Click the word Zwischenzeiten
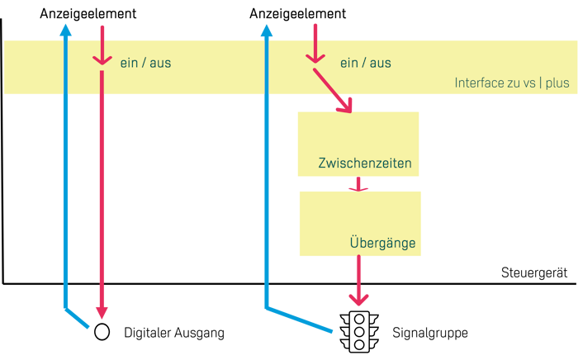coord(364,163)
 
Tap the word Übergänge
coord(381,244)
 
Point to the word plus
coord(558,83)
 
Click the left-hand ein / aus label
coord(145,62)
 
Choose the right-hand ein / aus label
coord(365,62)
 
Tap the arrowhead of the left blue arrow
coord(66,30)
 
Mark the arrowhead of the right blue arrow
coord(266,31)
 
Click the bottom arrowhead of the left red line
coord(102,311)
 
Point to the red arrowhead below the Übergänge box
coord(358,298)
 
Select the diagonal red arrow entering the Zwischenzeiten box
coord(334,92)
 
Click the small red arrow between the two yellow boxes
coord(358,187)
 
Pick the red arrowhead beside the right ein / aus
coord(314,57)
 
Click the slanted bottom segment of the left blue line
coord(77,319)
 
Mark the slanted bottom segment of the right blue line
coord(299,320)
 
